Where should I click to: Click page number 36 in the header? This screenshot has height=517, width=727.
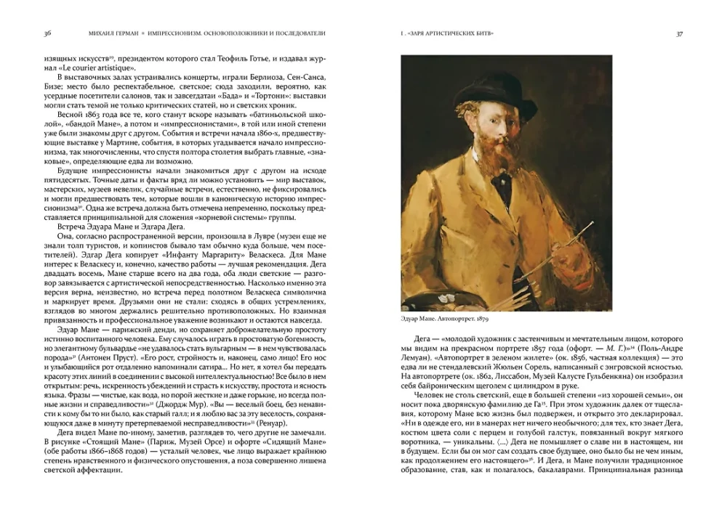click(47, 33)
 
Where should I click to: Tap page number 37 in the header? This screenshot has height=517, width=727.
click(679, 33)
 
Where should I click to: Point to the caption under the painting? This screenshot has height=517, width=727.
click(446, 319)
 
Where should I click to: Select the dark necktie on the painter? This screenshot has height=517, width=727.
click(504, 186)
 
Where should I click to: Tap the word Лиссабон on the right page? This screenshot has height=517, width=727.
click(542, 378)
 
